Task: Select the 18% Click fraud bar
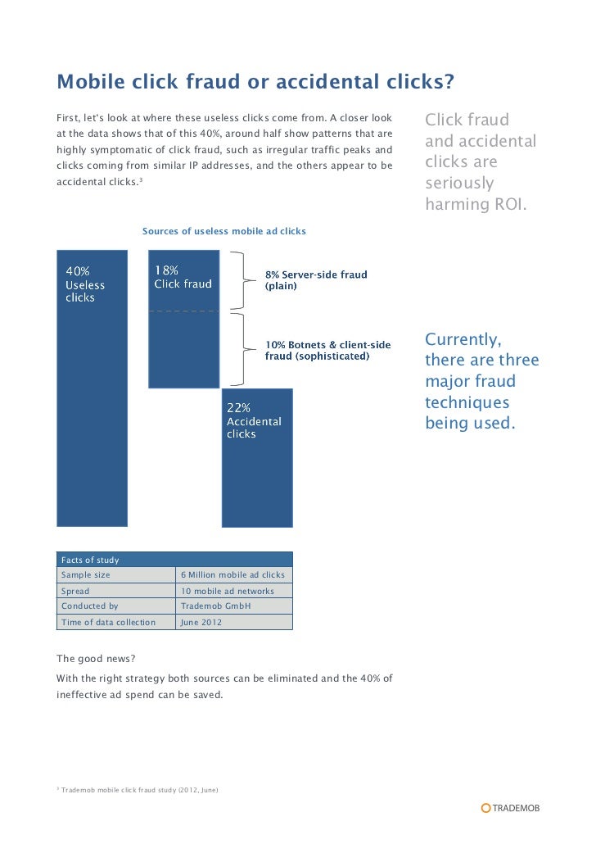coord(183,344)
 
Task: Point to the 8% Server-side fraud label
coord(315,280)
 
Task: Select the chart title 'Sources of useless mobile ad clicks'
coord(223,231)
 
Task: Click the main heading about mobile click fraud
coord(255,83)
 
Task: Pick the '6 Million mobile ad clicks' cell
coord(233,575)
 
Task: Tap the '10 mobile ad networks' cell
coord(227,591)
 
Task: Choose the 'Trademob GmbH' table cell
coord(215,606)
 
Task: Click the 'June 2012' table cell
coord(201,622)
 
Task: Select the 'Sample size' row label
coord(85,575)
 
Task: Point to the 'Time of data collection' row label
coord(108,622)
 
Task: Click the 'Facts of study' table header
coord(90,560)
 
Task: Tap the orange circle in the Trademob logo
coord(485,808)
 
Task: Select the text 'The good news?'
coord(91,658)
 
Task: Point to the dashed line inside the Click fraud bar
coord(183,311)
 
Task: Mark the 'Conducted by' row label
coord(90,606)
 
